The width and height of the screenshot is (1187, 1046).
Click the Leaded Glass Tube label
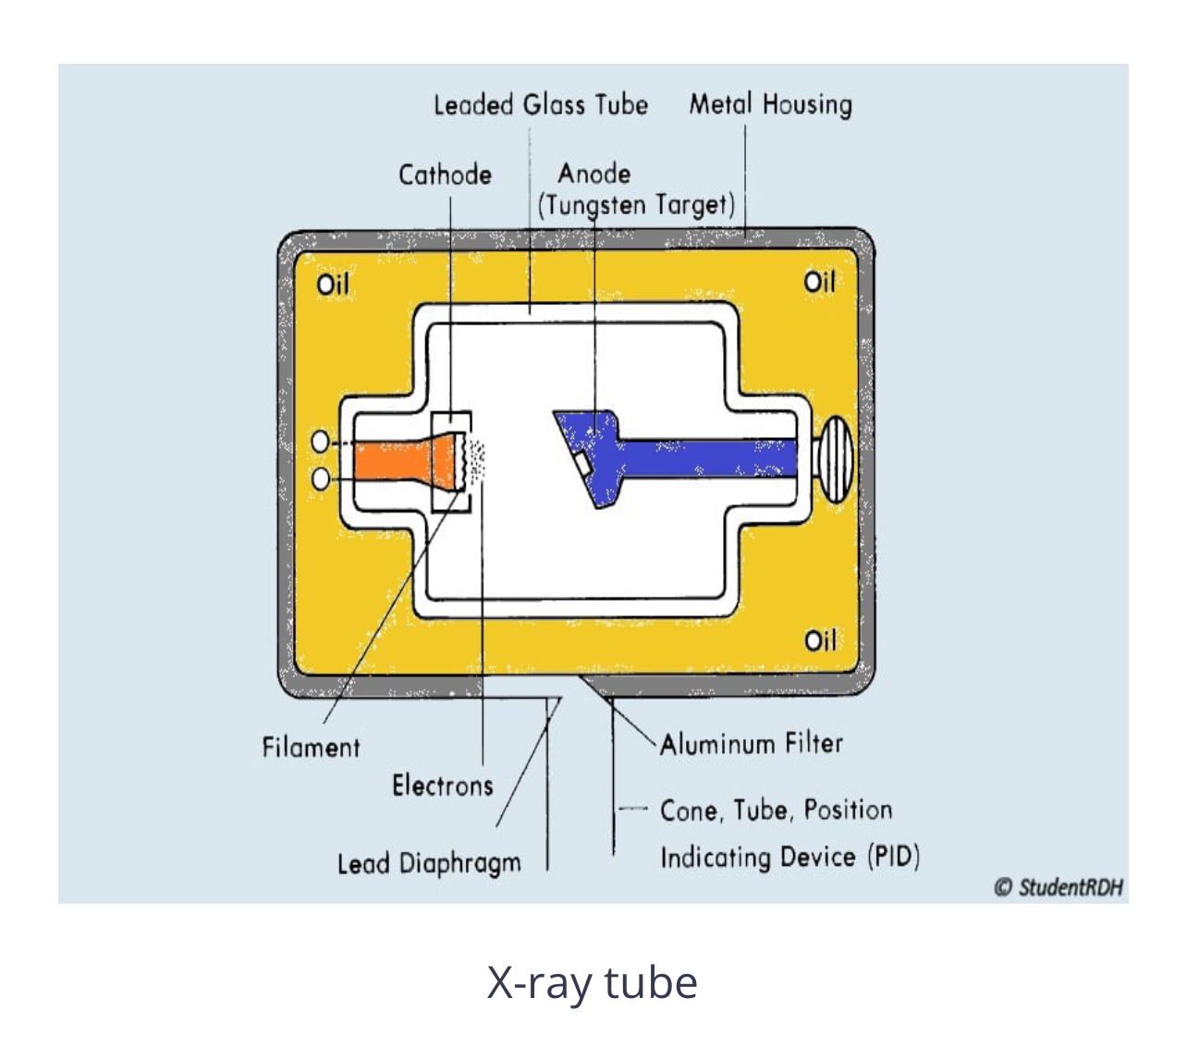click(541, 104)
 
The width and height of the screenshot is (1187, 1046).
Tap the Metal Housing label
click(770, 104)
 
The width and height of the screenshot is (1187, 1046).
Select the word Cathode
click(445, 175)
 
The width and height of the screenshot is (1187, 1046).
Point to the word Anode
click(594, 174)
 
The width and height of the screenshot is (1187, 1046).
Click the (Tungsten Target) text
click(637, 205)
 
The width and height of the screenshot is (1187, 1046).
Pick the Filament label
click(311, 747)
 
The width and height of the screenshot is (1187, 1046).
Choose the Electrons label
click(442, 785)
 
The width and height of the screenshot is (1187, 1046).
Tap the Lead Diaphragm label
click(429, 864)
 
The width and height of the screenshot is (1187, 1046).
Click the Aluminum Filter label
click(751, 744)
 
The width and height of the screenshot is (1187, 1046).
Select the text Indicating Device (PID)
click(789, 857)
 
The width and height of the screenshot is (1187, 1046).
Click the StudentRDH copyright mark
click(1059, 887)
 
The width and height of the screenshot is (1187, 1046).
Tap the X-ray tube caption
click(592, 982)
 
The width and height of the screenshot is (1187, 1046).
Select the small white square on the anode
click(581, 463)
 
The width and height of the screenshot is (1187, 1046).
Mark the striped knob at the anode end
click(835, 459)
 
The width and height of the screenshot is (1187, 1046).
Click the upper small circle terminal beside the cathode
click(321, 442)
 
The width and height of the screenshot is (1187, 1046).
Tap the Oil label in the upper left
click(333, 284)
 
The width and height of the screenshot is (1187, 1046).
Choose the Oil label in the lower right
click(820, 640)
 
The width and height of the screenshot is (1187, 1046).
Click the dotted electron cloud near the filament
click(477, 462)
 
